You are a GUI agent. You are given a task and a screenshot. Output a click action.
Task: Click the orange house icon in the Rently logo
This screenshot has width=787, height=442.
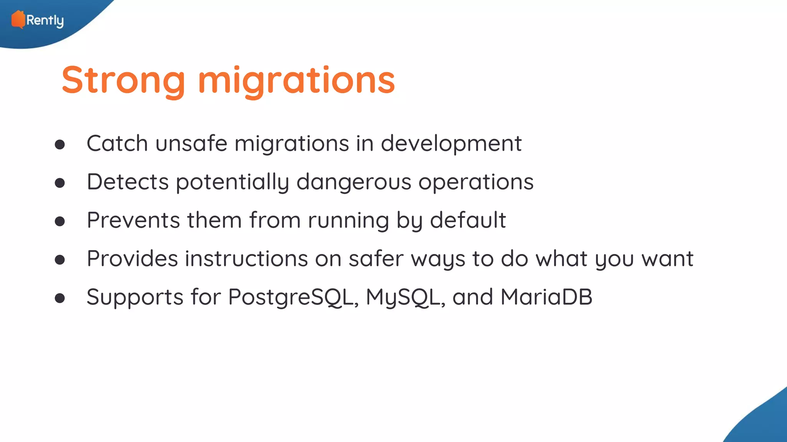point(18,20)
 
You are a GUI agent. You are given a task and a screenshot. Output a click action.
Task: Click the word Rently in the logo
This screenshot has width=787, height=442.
point(45,20)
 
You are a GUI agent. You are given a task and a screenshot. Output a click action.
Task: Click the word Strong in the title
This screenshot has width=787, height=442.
point(123,80)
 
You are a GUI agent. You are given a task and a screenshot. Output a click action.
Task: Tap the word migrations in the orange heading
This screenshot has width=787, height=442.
point(296,80)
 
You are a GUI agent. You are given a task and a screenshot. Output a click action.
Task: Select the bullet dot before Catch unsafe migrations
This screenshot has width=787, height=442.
point(60,145)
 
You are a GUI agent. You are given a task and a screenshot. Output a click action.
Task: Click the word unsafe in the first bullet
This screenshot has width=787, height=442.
point(191,143)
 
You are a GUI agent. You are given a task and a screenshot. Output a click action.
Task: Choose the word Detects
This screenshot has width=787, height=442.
point(128,182)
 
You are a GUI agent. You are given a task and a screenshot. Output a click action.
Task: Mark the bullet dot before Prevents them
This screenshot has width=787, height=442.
point(60,221)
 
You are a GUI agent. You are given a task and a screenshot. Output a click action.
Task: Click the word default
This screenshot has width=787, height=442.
point(468,220)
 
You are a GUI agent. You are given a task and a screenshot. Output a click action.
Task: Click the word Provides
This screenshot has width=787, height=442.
point(132,259)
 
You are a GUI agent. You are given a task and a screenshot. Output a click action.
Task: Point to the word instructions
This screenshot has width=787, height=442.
point(246,259)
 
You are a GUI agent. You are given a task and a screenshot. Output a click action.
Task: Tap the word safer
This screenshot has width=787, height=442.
point(376,259)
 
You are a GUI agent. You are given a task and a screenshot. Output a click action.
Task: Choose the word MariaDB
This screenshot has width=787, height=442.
point(546,297)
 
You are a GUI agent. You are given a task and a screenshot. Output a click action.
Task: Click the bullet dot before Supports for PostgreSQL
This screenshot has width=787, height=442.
point(60,298)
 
